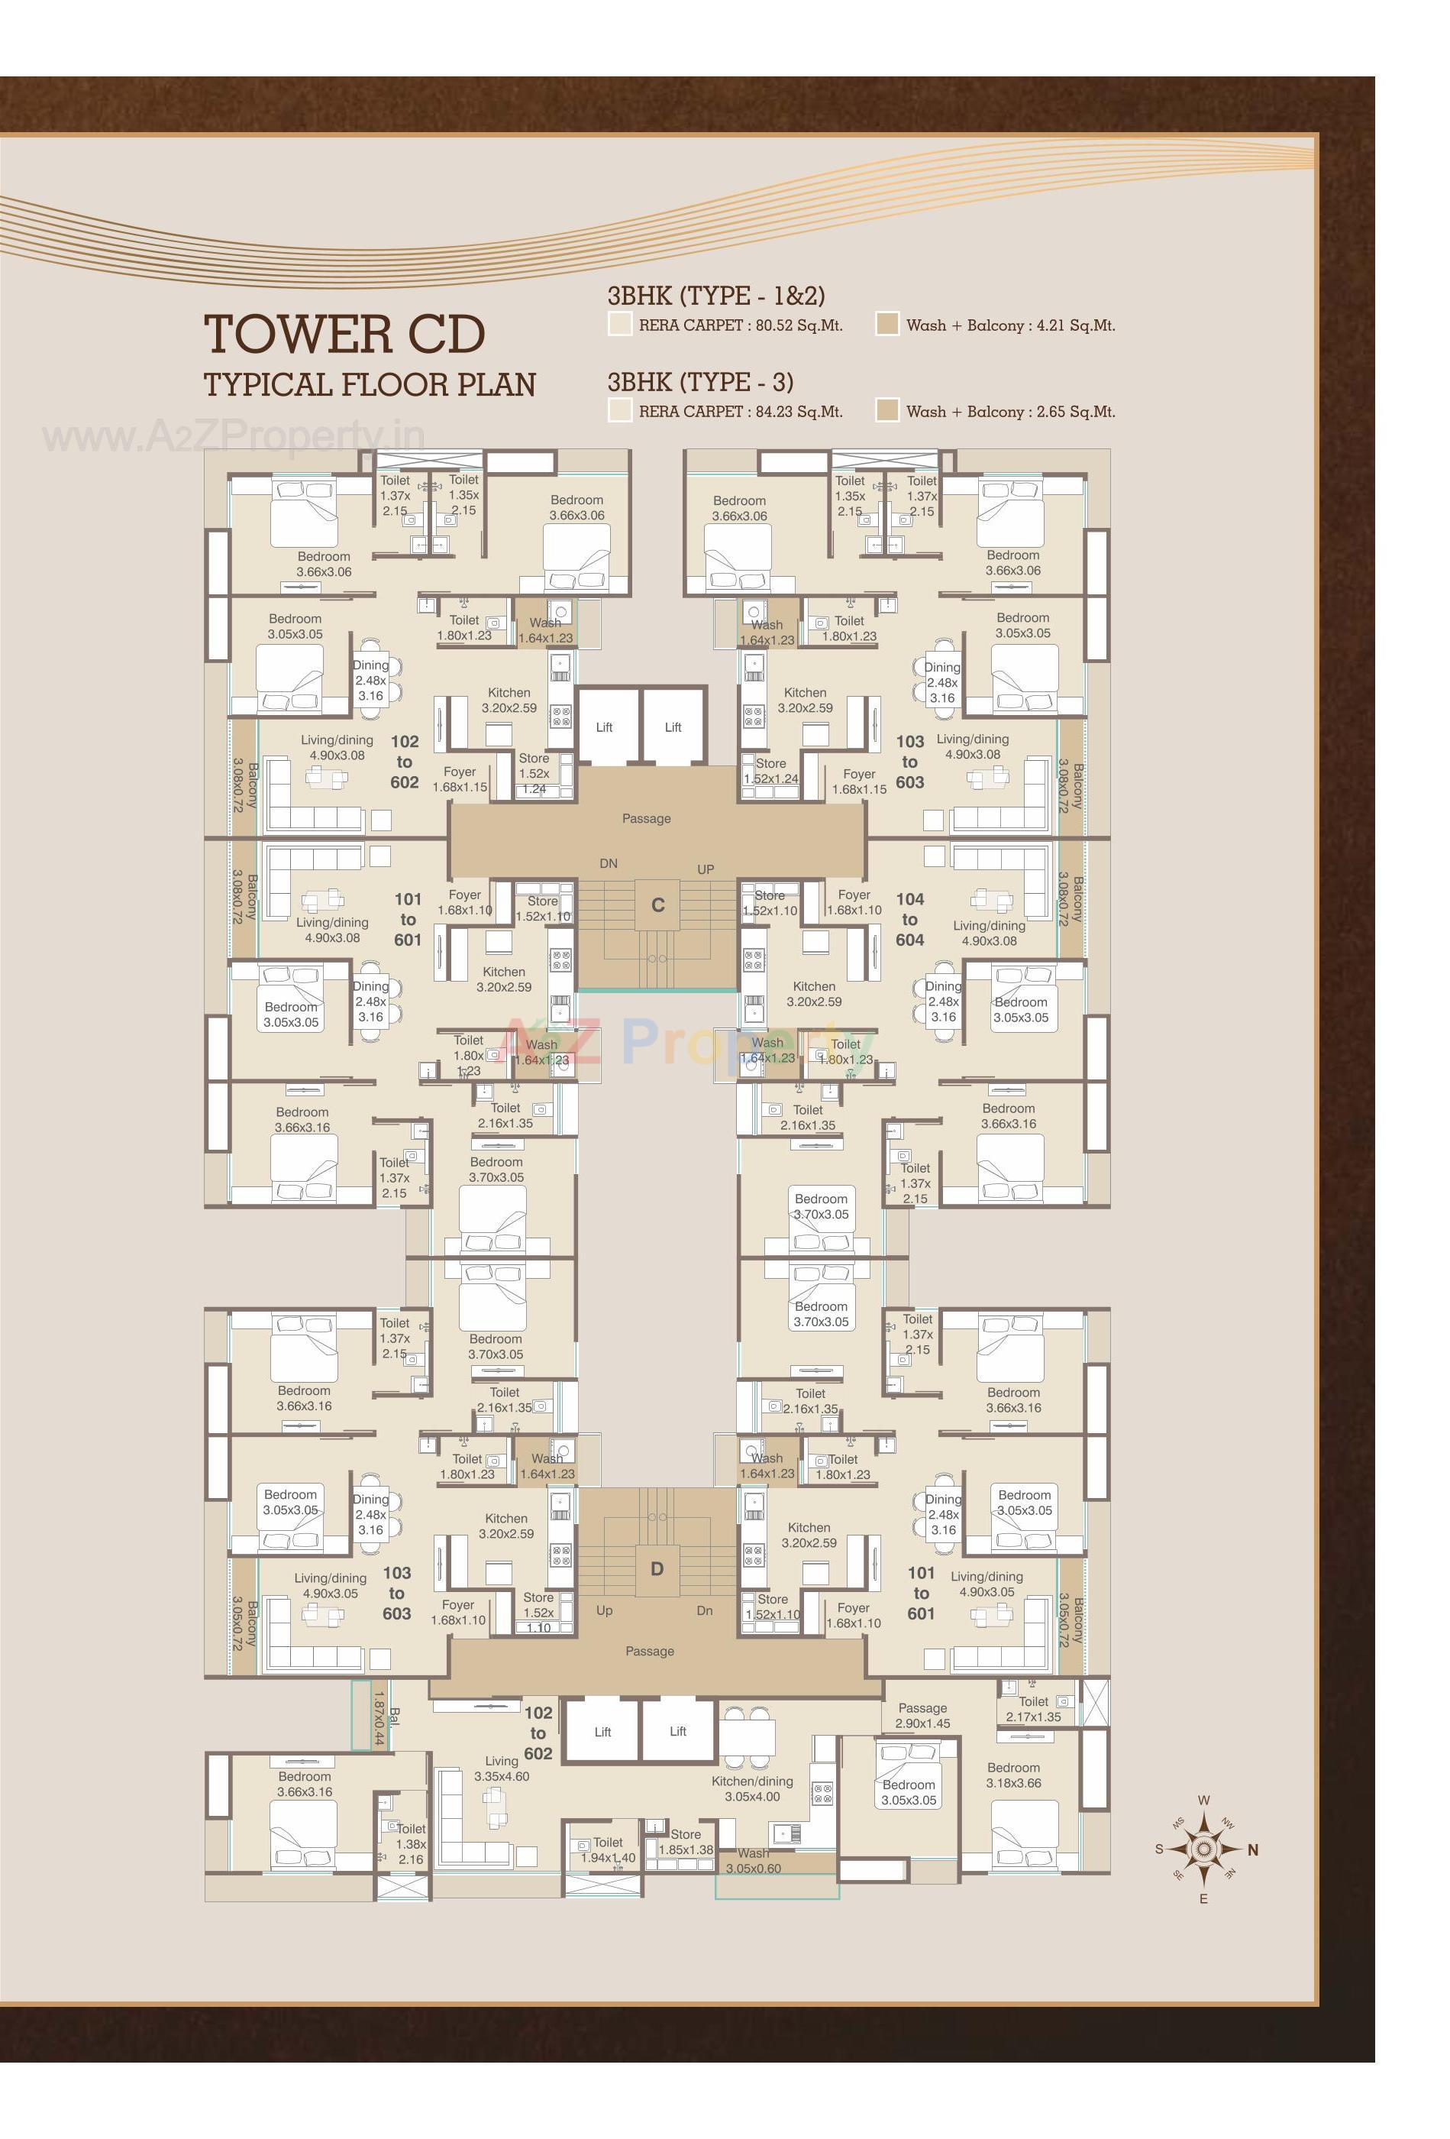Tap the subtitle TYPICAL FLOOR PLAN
[369, 385]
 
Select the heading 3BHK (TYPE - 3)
[700, 381]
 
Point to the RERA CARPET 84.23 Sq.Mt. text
[740, 412]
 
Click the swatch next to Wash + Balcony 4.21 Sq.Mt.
[887, 324]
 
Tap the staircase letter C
[658, 906]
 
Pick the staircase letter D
[657, 1568]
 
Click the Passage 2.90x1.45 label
[923, 1716]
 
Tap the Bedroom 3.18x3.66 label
[1013, 1775]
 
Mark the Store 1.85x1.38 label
[686, 1842]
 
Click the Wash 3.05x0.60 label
[753, 1861]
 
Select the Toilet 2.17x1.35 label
[1033, 1709]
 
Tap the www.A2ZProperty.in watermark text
[234, 436]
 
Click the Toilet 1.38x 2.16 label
[410, 1843]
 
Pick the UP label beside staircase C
[705, 869]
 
